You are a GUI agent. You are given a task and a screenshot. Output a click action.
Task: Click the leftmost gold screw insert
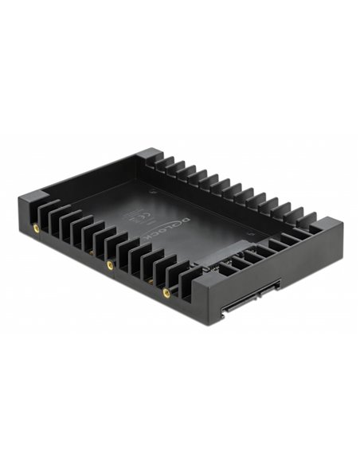tap(37, 228)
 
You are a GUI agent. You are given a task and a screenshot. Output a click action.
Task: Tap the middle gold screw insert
tap(110, 264)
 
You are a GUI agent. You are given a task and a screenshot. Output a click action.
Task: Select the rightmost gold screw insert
tap(166, 292)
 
